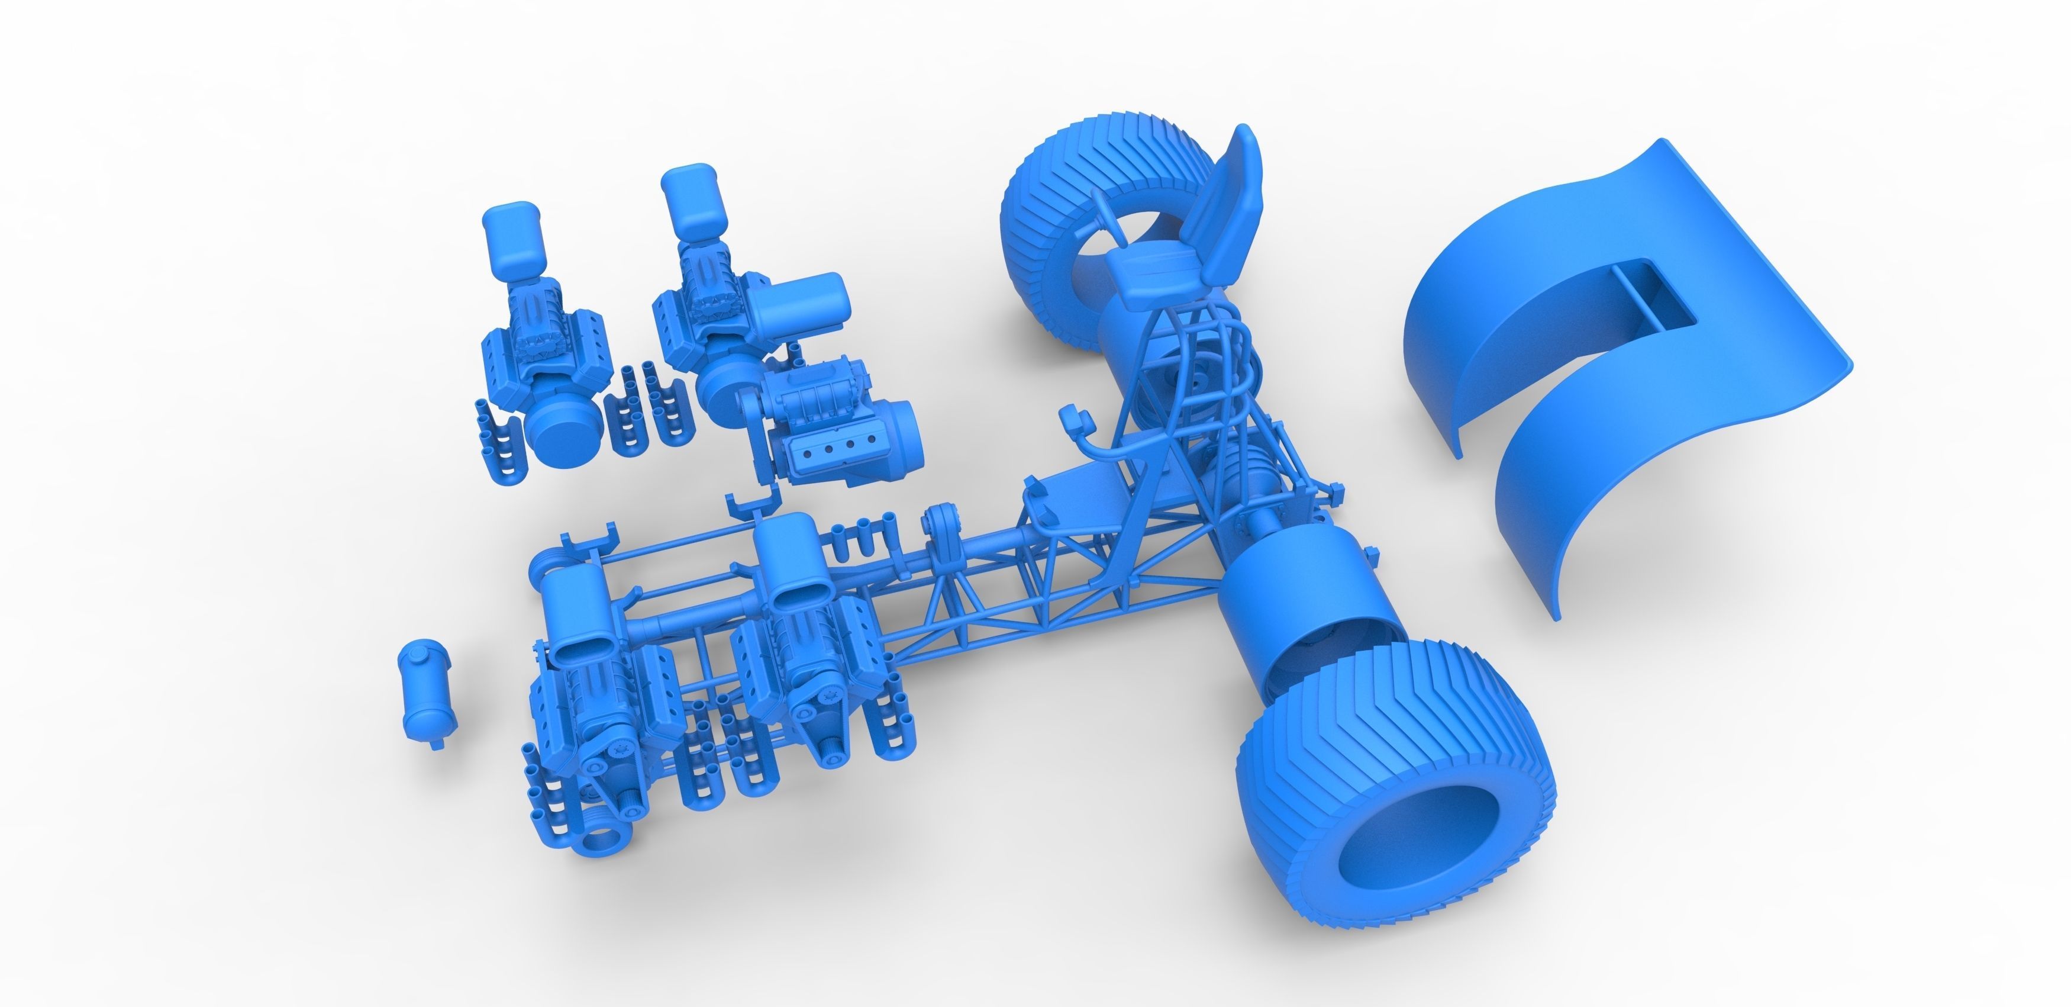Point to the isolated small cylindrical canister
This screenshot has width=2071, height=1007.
424,689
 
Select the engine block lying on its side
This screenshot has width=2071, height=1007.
836,418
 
